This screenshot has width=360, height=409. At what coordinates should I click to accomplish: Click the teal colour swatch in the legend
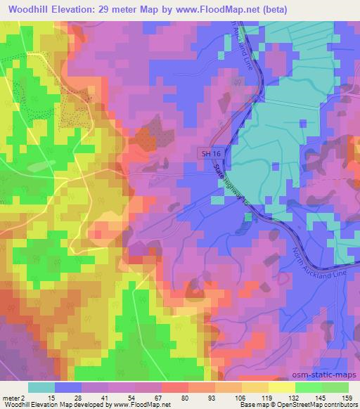tap(41, 387)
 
